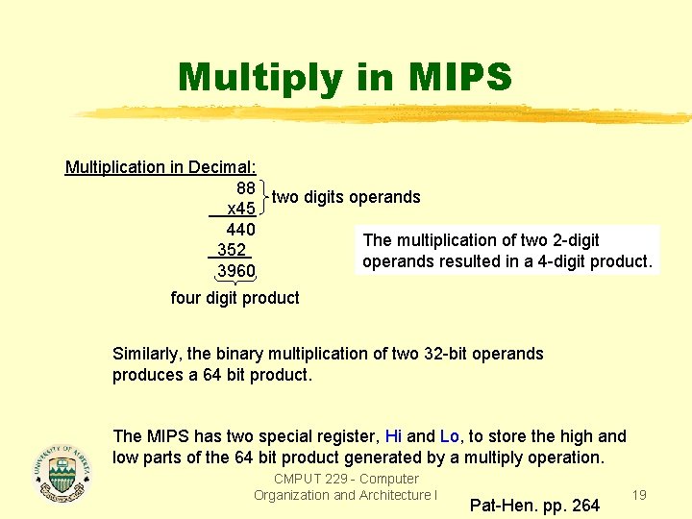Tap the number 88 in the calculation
pos(245,186)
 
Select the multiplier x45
pos(239,209)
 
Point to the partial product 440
pos(240,230)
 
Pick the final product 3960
pos(236,271)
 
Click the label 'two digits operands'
pos(346,197)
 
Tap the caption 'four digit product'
pos(235,298)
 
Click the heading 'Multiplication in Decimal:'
pos(160,167)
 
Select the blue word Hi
pos(393,436)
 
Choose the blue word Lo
pos(450,436)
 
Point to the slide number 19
pos(638,495)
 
